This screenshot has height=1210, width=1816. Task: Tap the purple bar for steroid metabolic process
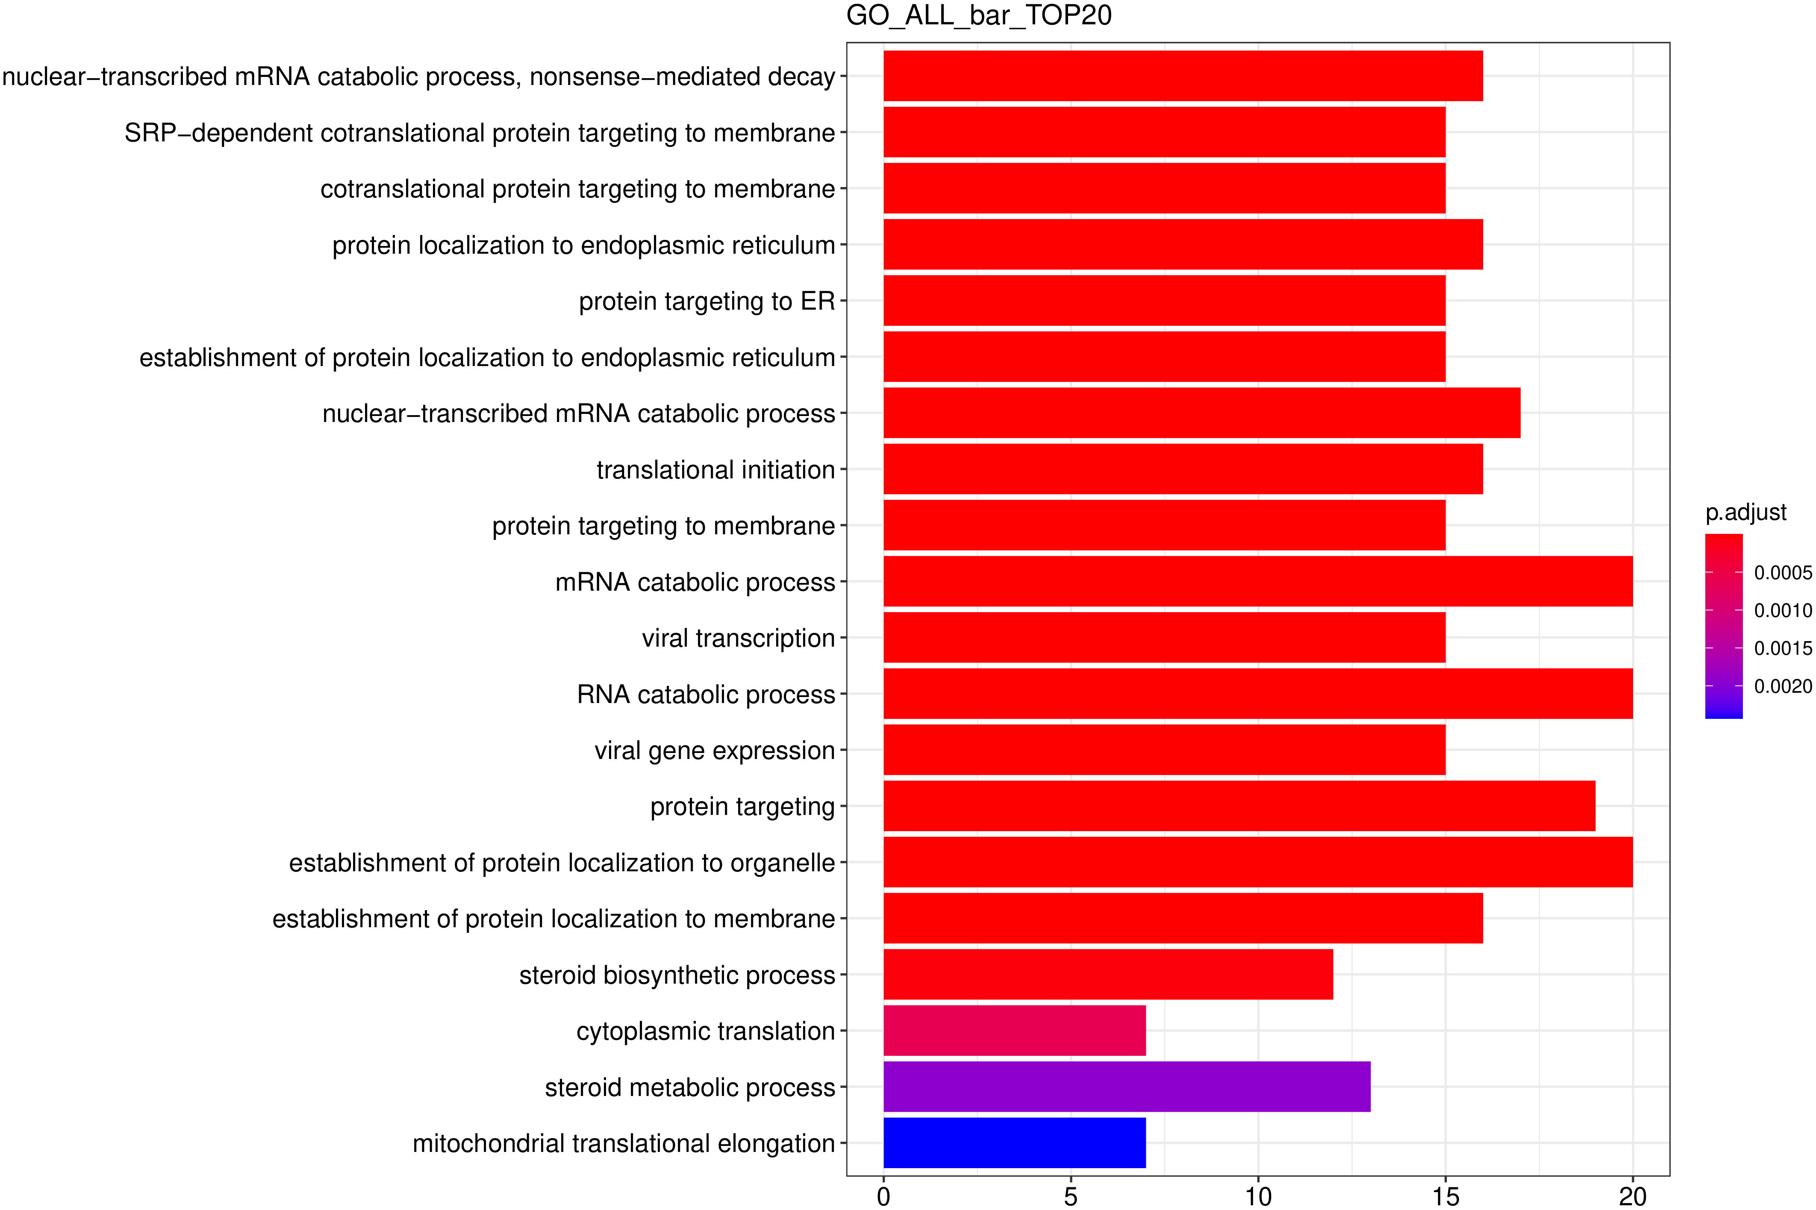click(x=1127, y=1087)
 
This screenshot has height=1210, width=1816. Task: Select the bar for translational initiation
click(x=1183, y=469)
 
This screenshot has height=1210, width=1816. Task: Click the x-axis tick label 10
click(x=1258, y=1196)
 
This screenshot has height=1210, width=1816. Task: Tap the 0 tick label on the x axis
click(x=883, y=1196)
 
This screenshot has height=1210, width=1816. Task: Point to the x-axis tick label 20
click(x=1632, y=1196)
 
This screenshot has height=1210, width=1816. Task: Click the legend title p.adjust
click(x=1746, y=513)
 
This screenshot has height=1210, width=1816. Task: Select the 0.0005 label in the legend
click(x=1783, y=573)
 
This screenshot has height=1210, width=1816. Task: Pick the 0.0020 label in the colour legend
click(x=1783, y=686)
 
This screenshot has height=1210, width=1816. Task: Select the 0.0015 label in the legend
click(x=1783, y=648)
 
